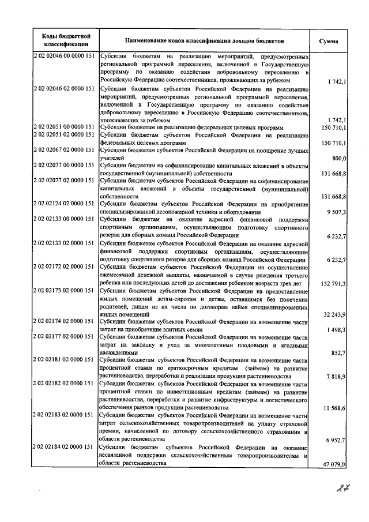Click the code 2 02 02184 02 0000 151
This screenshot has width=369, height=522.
65,447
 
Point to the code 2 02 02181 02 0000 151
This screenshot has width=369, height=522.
65,359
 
